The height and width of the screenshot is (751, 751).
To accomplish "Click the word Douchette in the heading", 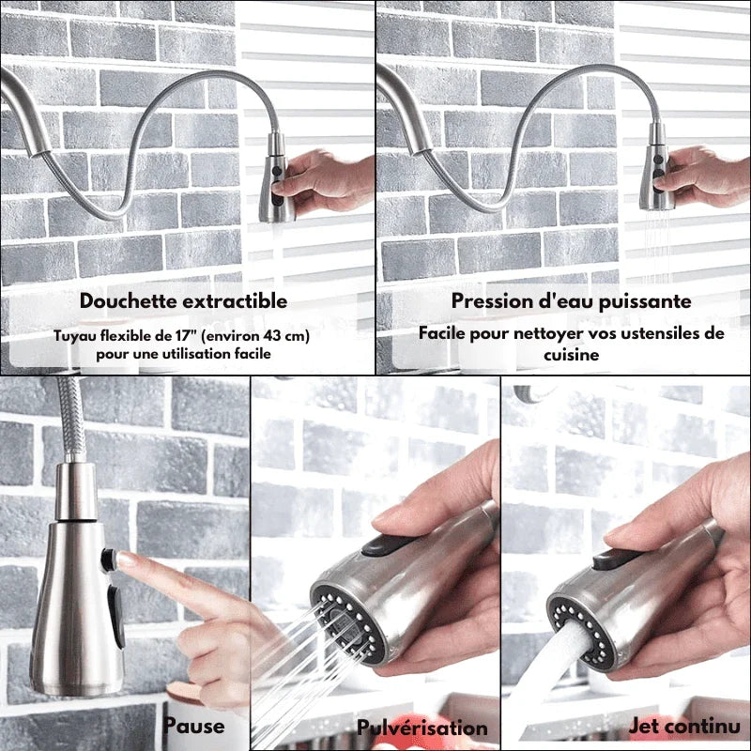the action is pyautogui.click(x=129, y=300).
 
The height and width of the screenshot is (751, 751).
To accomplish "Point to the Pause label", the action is pyautogui.click(x=193, y=726).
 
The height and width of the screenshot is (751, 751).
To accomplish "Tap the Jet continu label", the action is pyautogui.click(x=685, y=726).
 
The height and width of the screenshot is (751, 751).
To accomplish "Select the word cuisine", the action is pyautogui.click(x=571, y=355).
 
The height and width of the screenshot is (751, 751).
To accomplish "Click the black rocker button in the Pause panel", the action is pyautogui.click(x=116, y=616).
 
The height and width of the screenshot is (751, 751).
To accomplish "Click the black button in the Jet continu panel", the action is pyautogui.click(x=618, y=558).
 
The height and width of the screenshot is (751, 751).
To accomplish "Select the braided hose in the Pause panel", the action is pyautogui.click(x=72, y=420).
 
